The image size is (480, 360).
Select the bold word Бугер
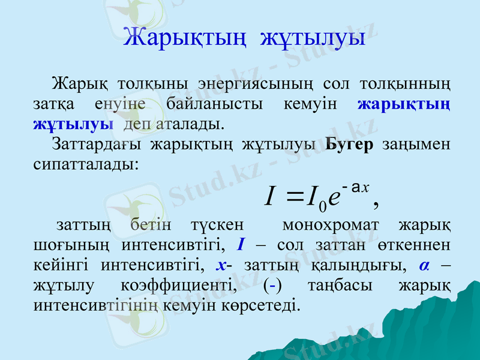(349, 145)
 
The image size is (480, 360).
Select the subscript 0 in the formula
(323, 206)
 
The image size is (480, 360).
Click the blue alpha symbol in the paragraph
(424, 265)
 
